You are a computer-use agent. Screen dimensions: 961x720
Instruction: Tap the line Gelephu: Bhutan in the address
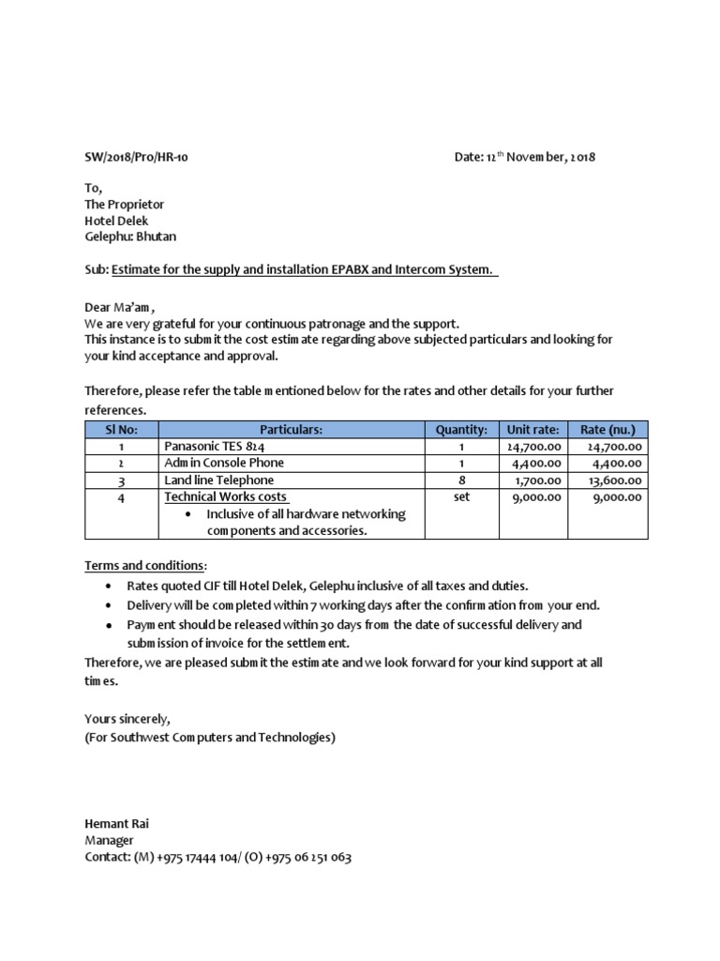tap(130, 236)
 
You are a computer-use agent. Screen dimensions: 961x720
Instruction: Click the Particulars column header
tap(291, 430)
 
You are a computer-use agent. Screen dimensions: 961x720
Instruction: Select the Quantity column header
tap(461, 430)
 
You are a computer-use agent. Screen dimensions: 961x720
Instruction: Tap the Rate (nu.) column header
tap(607, 430)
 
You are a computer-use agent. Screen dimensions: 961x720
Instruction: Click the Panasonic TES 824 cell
tap(208, 447)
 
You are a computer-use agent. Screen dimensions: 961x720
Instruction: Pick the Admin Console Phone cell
tap(224, 463)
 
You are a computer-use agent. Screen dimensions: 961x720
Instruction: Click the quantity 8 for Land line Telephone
tap(461, 480)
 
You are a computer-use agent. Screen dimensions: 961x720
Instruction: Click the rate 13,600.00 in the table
tap(612, 480)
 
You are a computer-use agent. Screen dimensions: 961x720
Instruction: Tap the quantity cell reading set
tap(461, 496)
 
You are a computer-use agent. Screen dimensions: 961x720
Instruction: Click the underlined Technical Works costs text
tap(226, 496)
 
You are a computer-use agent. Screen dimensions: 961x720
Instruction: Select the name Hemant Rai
tap(116, 824)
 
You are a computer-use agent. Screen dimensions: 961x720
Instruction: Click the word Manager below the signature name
tap(110, 841)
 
